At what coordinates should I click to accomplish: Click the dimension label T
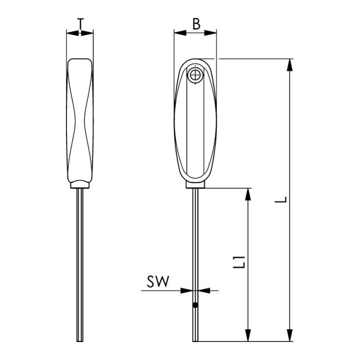(80, 24)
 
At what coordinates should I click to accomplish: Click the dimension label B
(196, 24)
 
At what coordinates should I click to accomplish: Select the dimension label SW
(158, 281)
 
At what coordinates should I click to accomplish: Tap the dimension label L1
(239, 262)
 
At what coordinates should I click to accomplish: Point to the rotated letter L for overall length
(281, 199)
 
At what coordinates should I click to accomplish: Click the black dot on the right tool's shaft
(195, 305)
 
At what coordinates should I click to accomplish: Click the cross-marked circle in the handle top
(195, 75)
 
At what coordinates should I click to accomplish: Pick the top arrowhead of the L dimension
(290, 65)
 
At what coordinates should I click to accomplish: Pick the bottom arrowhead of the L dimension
(290, 335)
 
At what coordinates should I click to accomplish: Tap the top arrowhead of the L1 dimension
(247, 194)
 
